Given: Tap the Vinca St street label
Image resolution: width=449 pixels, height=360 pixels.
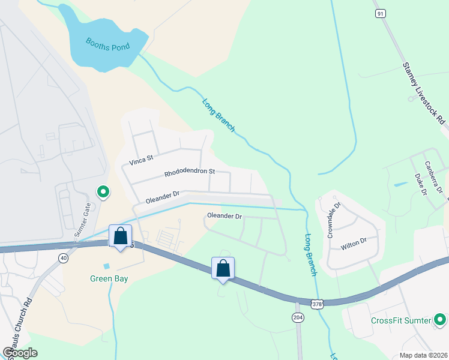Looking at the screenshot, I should click(142, 160).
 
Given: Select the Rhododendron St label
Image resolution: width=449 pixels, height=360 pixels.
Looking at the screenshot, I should click(190, 173).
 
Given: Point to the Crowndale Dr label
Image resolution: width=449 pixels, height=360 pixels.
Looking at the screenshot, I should click(334, 221).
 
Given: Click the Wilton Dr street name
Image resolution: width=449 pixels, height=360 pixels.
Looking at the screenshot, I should click(353, 242).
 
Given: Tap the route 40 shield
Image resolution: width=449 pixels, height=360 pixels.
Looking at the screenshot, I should click(63, 257).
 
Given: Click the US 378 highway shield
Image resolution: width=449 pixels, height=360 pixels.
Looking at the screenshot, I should click(317, 303).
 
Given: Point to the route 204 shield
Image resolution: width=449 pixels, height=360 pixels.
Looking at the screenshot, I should click(298, 316).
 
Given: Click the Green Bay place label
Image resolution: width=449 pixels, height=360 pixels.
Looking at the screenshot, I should click(109, 278).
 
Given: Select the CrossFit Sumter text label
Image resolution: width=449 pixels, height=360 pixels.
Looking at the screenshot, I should click(401, 320).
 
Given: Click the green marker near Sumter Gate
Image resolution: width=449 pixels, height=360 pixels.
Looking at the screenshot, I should click(103, 192).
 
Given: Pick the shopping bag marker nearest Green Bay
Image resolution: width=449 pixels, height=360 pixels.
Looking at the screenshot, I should click(121, 236).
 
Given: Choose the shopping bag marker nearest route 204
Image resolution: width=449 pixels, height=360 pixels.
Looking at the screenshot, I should click(223, 268).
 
